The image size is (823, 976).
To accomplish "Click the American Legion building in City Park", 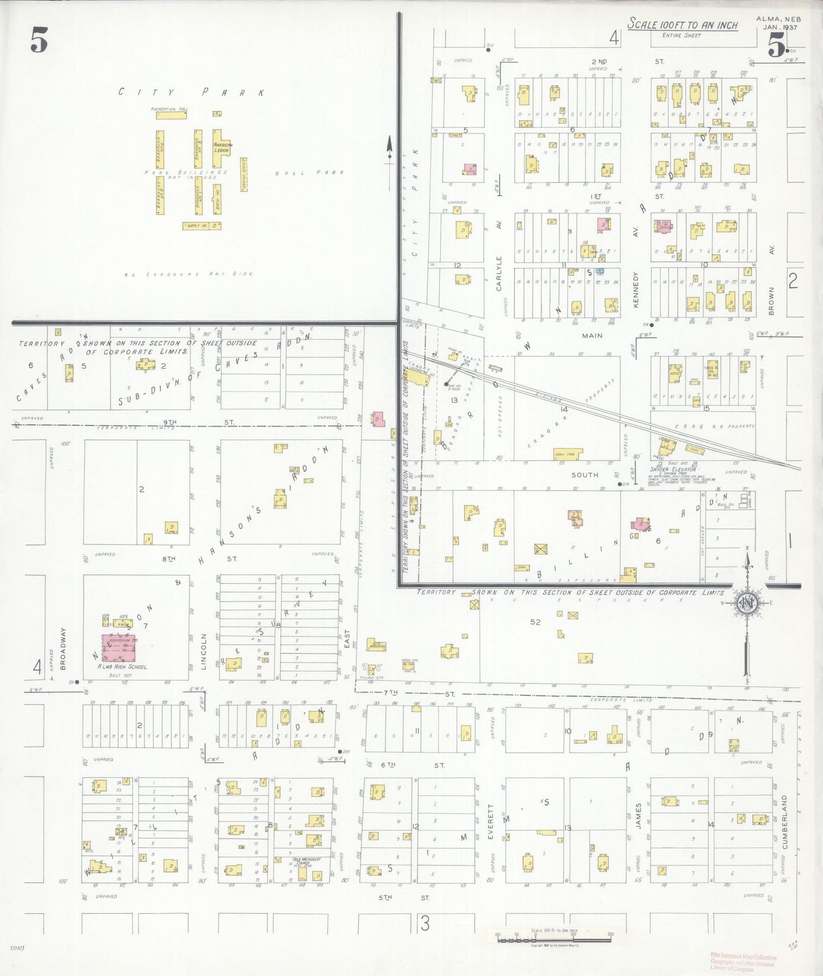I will [221, 149].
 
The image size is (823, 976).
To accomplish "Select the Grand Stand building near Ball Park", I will [244, 174].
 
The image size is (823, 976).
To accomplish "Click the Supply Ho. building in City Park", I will [202, 226].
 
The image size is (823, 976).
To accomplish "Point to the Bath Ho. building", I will [217, 199].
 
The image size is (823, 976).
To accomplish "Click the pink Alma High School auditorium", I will [119, 648].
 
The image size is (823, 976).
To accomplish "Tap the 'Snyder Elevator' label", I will [673, 470].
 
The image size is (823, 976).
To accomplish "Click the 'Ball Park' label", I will [309, 173].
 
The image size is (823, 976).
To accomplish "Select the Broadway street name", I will [63, 649].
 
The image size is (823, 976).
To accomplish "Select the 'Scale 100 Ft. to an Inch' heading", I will [682, 25].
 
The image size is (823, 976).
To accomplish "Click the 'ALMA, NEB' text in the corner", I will [777, 19].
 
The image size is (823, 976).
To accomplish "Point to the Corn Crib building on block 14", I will [568, 454].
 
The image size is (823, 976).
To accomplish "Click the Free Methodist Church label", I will [306, 860].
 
